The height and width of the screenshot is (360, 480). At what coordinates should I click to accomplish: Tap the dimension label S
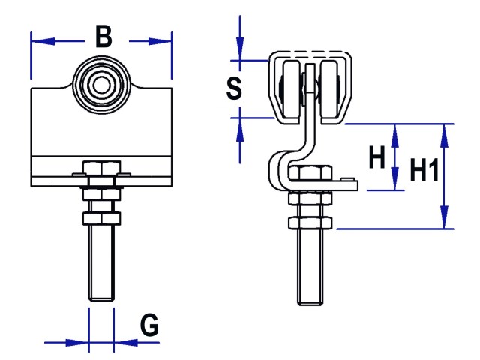tap(234, 88)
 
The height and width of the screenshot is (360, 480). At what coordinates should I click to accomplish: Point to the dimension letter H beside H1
tap(377, 158)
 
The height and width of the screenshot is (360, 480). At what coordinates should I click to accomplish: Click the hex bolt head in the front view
tap(102, 169)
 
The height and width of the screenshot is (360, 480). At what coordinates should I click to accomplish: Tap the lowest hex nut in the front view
tap(102, 218)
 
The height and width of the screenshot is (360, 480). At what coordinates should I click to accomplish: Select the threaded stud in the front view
tap(102, 262)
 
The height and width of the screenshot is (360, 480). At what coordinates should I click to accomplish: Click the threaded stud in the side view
tap(310, 266)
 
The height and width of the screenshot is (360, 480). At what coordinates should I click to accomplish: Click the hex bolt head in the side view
tap(310, 175)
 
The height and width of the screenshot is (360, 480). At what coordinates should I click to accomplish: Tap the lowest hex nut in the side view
tap(310, 223)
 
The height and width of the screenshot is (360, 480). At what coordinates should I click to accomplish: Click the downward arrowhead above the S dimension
tap(240, 53)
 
